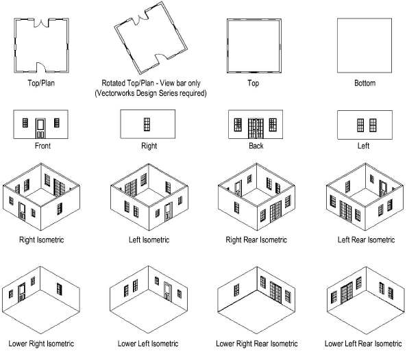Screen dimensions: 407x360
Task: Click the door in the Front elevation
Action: coord(40,128)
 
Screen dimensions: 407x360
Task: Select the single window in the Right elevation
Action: coord(147,125)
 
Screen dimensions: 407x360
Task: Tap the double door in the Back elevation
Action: coord(256,129)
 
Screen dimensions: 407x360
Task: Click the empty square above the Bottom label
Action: coord(365,45)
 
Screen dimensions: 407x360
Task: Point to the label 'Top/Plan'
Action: coord(41,83)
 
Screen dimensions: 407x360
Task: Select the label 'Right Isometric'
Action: coord(42,240)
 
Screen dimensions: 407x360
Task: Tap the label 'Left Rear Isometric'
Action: coord(367,240)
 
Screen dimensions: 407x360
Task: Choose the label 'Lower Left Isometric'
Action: coord(148,344)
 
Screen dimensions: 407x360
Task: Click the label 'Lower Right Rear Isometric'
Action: coord(257,344)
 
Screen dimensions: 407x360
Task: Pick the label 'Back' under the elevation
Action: coord(256,146)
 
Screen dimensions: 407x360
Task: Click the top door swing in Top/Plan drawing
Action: coord(42,23)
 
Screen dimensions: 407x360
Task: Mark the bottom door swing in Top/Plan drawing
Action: coord(41,67)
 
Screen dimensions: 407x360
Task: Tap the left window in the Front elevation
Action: coord(25,123)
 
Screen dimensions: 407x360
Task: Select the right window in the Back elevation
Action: coord(273,125)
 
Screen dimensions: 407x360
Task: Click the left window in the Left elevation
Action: coord(360,125)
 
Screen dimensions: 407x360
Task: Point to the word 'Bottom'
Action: coord(365,83)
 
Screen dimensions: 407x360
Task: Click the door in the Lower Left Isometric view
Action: coord(168,292)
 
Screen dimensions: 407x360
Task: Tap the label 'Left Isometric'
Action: coord(149,240)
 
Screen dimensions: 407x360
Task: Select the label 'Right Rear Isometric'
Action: coord(256,240)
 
